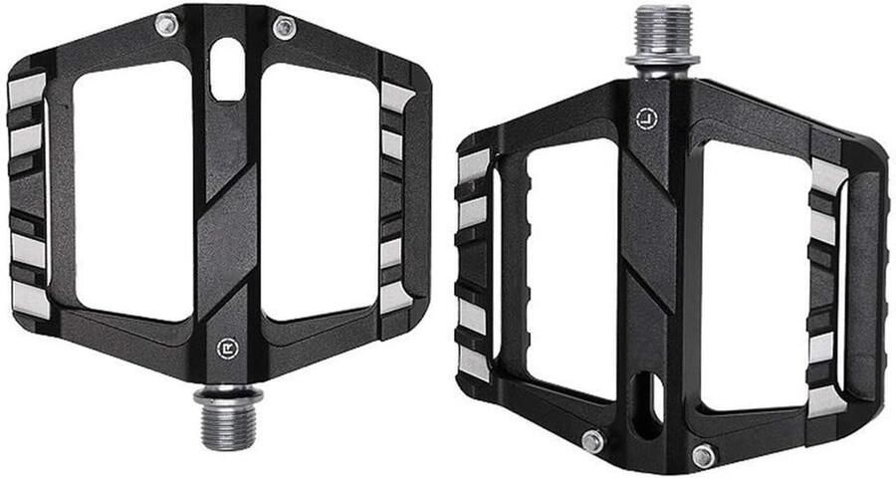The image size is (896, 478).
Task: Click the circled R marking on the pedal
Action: pos(227,349)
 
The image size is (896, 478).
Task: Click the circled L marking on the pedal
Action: pos(646,119)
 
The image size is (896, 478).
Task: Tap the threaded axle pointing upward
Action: pos(663,36)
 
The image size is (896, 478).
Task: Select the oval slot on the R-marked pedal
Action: pos(227,69)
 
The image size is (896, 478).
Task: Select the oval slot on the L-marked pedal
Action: pos(648,405)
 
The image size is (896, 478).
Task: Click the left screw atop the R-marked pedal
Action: pos(165,25)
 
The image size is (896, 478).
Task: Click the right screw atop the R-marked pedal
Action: pos(284,28)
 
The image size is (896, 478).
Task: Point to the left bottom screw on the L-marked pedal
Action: pos(592,441)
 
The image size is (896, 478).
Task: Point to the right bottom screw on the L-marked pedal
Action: pos(704,456)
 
